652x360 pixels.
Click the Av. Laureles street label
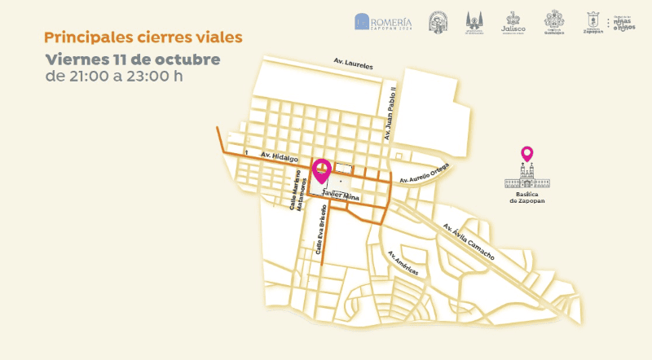click(x=353, y=62)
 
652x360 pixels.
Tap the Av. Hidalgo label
click(x=280, y=156)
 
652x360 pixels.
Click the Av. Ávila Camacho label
click(x=469, y=241)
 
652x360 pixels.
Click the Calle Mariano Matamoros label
click(x=297, y=195)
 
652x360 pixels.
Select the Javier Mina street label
click(x=341, y=196)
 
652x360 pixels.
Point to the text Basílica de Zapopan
click(x=526, y=197)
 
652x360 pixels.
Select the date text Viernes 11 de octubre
click(x=133, y=59)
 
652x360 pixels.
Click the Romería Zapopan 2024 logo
click(x=383, y=21)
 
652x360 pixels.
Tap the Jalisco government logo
click(x=513, y=22)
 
